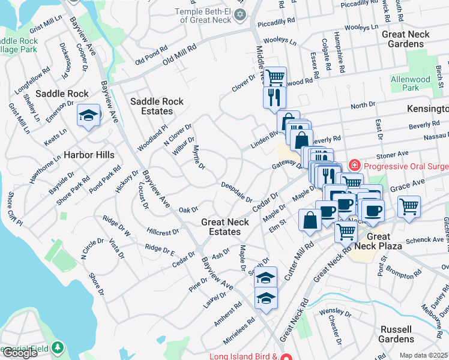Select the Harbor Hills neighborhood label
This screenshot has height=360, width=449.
89,155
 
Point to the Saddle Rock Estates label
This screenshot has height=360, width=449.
157,106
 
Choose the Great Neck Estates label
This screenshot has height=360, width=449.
221,227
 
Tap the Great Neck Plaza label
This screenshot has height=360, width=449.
378,242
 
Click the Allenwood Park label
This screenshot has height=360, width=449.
411,83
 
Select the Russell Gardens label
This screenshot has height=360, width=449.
396,334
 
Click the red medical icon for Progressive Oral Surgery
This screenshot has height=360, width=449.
355,164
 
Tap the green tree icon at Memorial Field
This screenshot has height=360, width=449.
57,347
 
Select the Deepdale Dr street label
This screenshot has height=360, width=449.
237,192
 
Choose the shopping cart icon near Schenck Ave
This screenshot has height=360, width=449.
409,206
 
